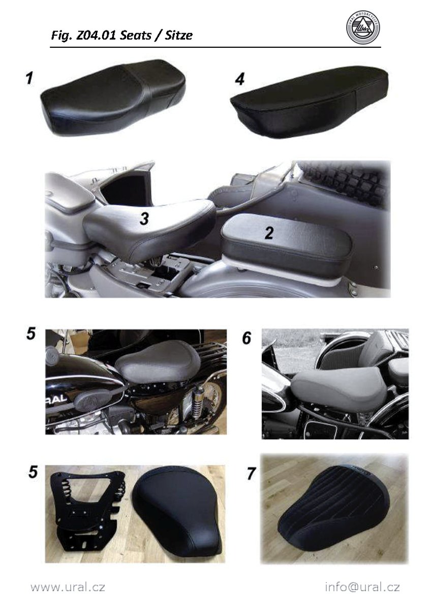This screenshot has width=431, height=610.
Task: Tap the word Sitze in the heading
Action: tap(178, 36)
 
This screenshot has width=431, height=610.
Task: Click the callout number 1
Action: tap(29, 78)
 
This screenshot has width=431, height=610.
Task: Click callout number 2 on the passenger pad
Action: tap(269, 233)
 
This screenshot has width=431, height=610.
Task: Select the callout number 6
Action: tap(247, 338)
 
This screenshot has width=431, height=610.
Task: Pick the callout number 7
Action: tap(251, 473)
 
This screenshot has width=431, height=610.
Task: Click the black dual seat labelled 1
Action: tap(113, 98)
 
